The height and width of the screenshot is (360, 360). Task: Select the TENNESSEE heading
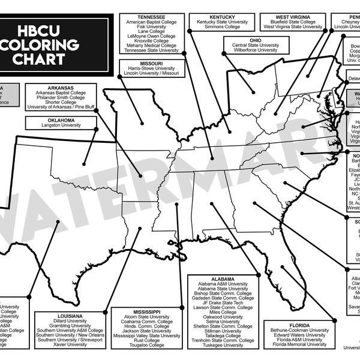(x=151, y=17)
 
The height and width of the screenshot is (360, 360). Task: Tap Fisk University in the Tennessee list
(x=151, y=28)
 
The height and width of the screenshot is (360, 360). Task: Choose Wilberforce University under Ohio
(x=254, y=50)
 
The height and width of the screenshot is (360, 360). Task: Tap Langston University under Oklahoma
(x=61, y=125)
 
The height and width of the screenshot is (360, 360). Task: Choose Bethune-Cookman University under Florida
(x=299, y=329)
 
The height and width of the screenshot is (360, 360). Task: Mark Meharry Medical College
(x=151, y=45)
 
